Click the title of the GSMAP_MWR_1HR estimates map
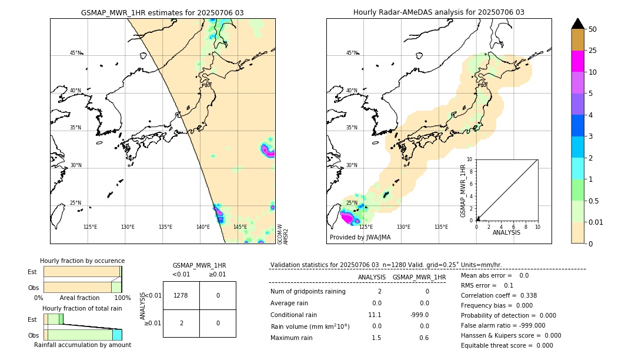point(162,12)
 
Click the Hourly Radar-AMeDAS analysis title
point(439,12)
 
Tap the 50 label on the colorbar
point(593,29)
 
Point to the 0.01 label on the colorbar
point(595,222)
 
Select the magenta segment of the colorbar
point(577,61)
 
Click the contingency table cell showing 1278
point(181,295)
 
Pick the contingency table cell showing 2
point(181,323)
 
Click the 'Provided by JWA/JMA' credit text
point(360,237)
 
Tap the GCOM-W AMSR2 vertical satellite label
point(283,234)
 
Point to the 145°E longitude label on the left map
point(240,227)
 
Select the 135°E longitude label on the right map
point(441,227)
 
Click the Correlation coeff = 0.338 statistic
point(499,295)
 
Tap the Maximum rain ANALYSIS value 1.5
point(376,338)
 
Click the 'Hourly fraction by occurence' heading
point(82,261)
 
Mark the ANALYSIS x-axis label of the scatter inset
point(507,232)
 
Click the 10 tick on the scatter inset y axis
point(470,159)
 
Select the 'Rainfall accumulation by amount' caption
point(82,345)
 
